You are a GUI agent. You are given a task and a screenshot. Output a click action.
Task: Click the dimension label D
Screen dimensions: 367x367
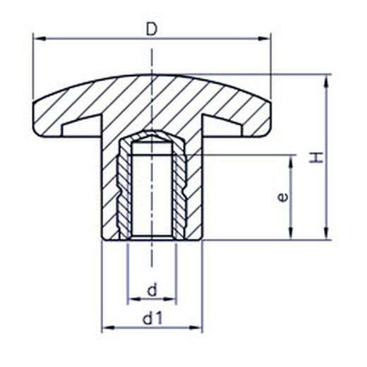pos(152,30)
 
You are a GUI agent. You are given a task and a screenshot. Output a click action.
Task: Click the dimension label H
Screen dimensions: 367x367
pos(315,157)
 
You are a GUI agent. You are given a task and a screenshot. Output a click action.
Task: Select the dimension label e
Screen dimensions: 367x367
pos(282,197)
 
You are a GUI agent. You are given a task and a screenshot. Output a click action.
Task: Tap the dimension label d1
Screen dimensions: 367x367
pos(152,318)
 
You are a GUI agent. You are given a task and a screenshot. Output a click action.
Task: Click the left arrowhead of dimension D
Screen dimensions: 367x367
pos(40,39)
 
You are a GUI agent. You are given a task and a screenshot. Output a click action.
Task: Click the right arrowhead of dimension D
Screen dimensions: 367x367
pos(264,39)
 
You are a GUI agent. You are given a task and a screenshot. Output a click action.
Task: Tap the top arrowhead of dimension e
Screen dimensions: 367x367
pos(291,162)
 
